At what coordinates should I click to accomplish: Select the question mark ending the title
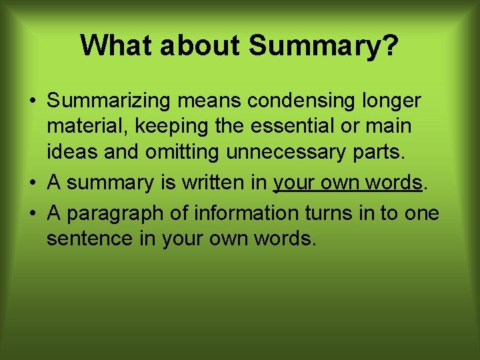pyautogui.click(x=390, y=45)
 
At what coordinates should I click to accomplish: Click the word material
pyautogui.click(x=83, y=126)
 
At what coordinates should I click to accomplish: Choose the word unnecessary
pyautogui.click(x=286, y=151)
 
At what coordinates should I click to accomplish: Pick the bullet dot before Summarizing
pyautogui.click(x=32, y=102)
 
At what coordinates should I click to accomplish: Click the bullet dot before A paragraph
pyautogui.click(x=32, y=214)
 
